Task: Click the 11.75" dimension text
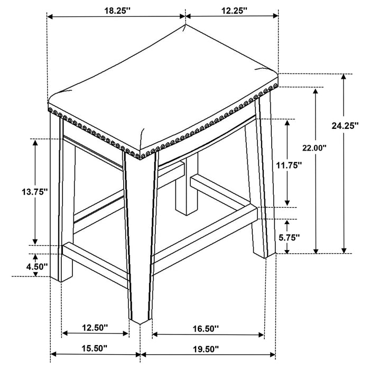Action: tap(288, 165)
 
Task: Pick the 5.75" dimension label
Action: tap(289, 238)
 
